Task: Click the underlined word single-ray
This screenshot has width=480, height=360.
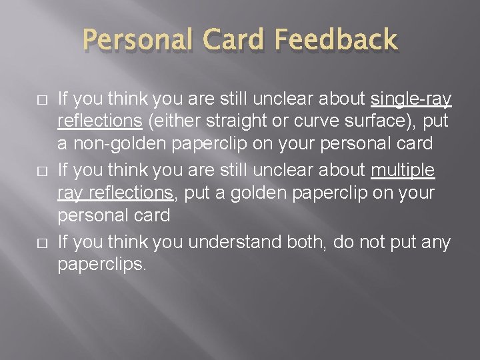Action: pos(411,100)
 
